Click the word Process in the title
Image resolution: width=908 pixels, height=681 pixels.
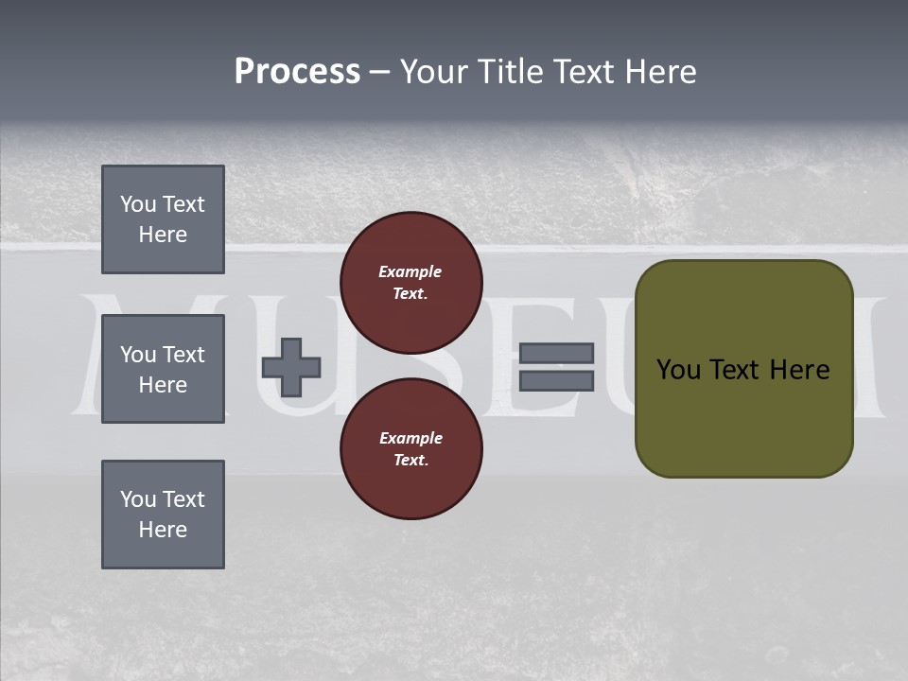click(297, 72)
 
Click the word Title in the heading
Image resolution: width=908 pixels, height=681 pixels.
click(509, 72)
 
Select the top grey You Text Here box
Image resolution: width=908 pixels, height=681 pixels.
click(163, 219)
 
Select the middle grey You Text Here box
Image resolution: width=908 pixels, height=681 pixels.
click(163, 369)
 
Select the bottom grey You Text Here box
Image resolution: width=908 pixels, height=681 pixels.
click(163, 515)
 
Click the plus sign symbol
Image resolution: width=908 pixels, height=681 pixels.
click(291, 367)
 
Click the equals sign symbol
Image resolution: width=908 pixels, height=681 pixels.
click(556, 367)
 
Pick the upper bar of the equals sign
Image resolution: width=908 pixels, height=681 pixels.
click(556, 354)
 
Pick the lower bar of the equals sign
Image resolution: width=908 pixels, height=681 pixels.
click(556, 380)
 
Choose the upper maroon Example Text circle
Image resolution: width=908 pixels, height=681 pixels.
click(411, 282)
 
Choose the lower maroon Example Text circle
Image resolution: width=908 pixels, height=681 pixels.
click(411, 448)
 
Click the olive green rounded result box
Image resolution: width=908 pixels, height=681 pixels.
click(743, 416)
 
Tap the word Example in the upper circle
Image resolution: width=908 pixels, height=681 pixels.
click(410, 271)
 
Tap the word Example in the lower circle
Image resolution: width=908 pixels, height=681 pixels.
click(410, 438)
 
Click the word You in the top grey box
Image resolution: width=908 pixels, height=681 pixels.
click(137, 204)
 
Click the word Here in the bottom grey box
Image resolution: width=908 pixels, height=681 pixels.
click(163, 530)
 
